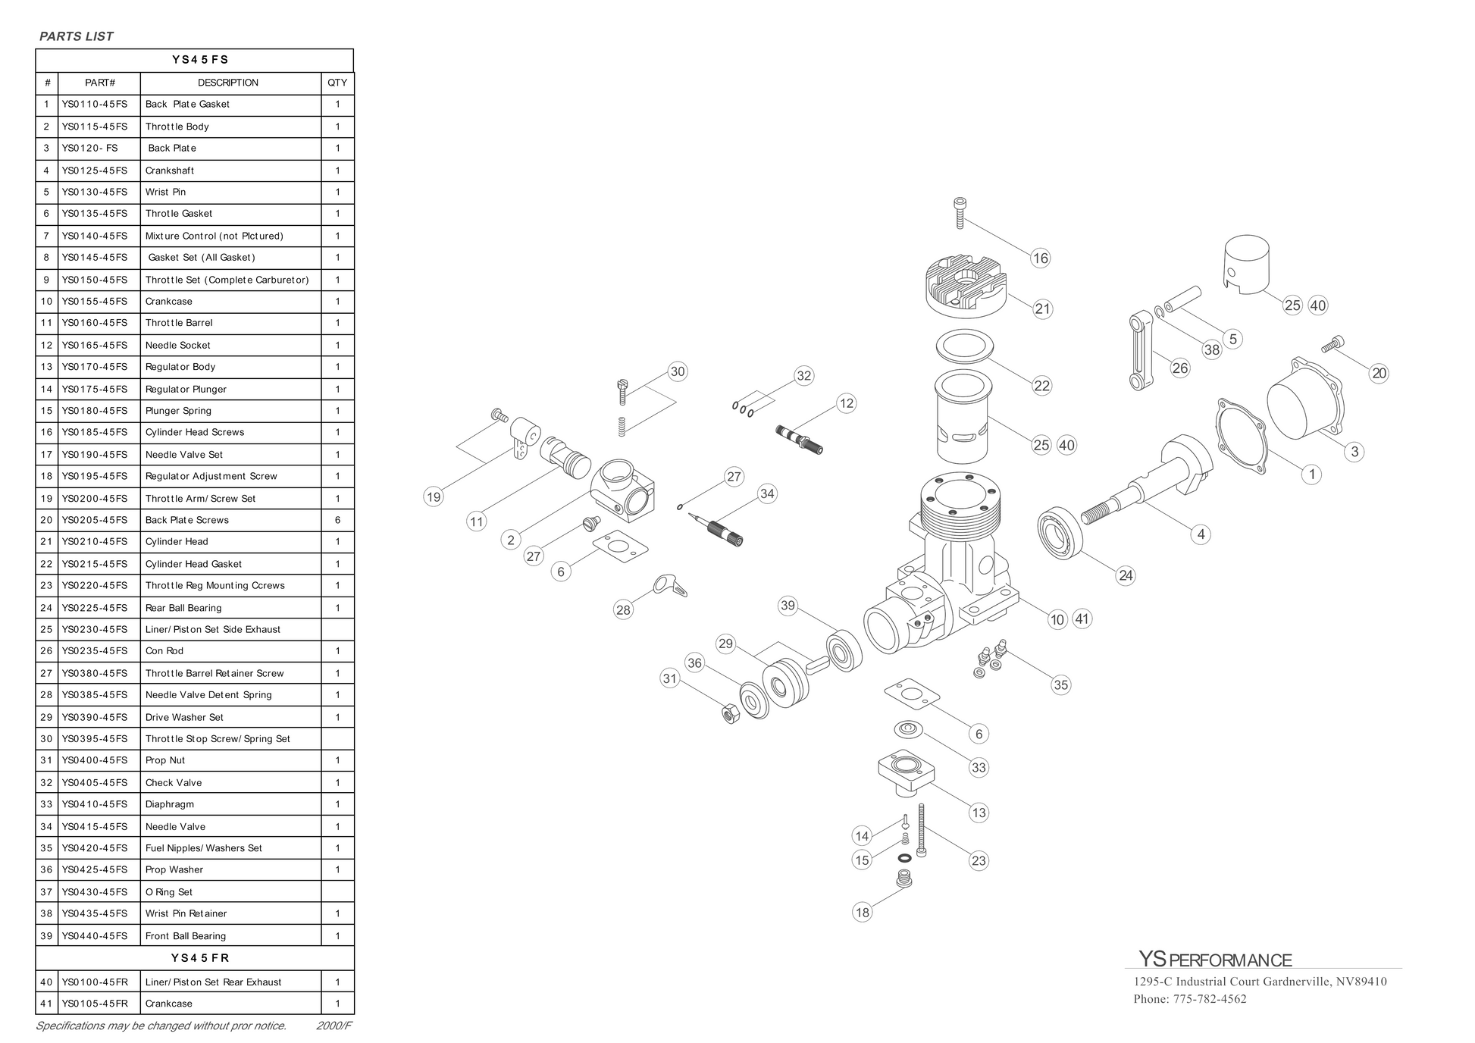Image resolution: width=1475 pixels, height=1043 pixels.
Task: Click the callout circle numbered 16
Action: [1040, 258]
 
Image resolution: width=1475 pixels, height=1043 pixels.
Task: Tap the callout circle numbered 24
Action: [1126, 575]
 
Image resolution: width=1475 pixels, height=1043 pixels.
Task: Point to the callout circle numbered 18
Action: [862, 912]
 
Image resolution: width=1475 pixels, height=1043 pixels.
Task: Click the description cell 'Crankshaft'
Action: [170, 171]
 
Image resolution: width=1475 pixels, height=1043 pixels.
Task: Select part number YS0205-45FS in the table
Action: [95, 520]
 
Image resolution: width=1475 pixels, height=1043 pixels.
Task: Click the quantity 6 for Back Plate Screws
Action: [337, 520]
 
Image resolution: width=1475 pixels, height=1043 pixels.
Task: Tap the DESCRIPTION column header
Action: [228, 83]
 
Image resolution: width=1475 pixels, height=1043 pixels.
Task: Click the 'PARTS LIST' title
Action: [76, 36]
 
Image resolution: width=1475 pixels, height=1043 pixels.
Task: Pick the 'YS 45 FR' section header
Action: [194, 958]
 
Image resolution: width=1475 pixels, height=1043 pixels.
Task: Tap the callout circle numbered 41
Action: [1082, 619]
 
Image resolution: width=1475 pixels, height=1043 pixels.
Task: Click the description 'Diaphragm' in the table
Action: [170, 804]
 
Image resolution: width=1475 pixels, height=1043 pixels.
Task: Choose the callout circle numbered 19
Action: [433, 497]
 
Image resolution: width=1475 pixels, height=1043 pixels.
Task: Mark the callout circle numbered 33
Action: [979, 767]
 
